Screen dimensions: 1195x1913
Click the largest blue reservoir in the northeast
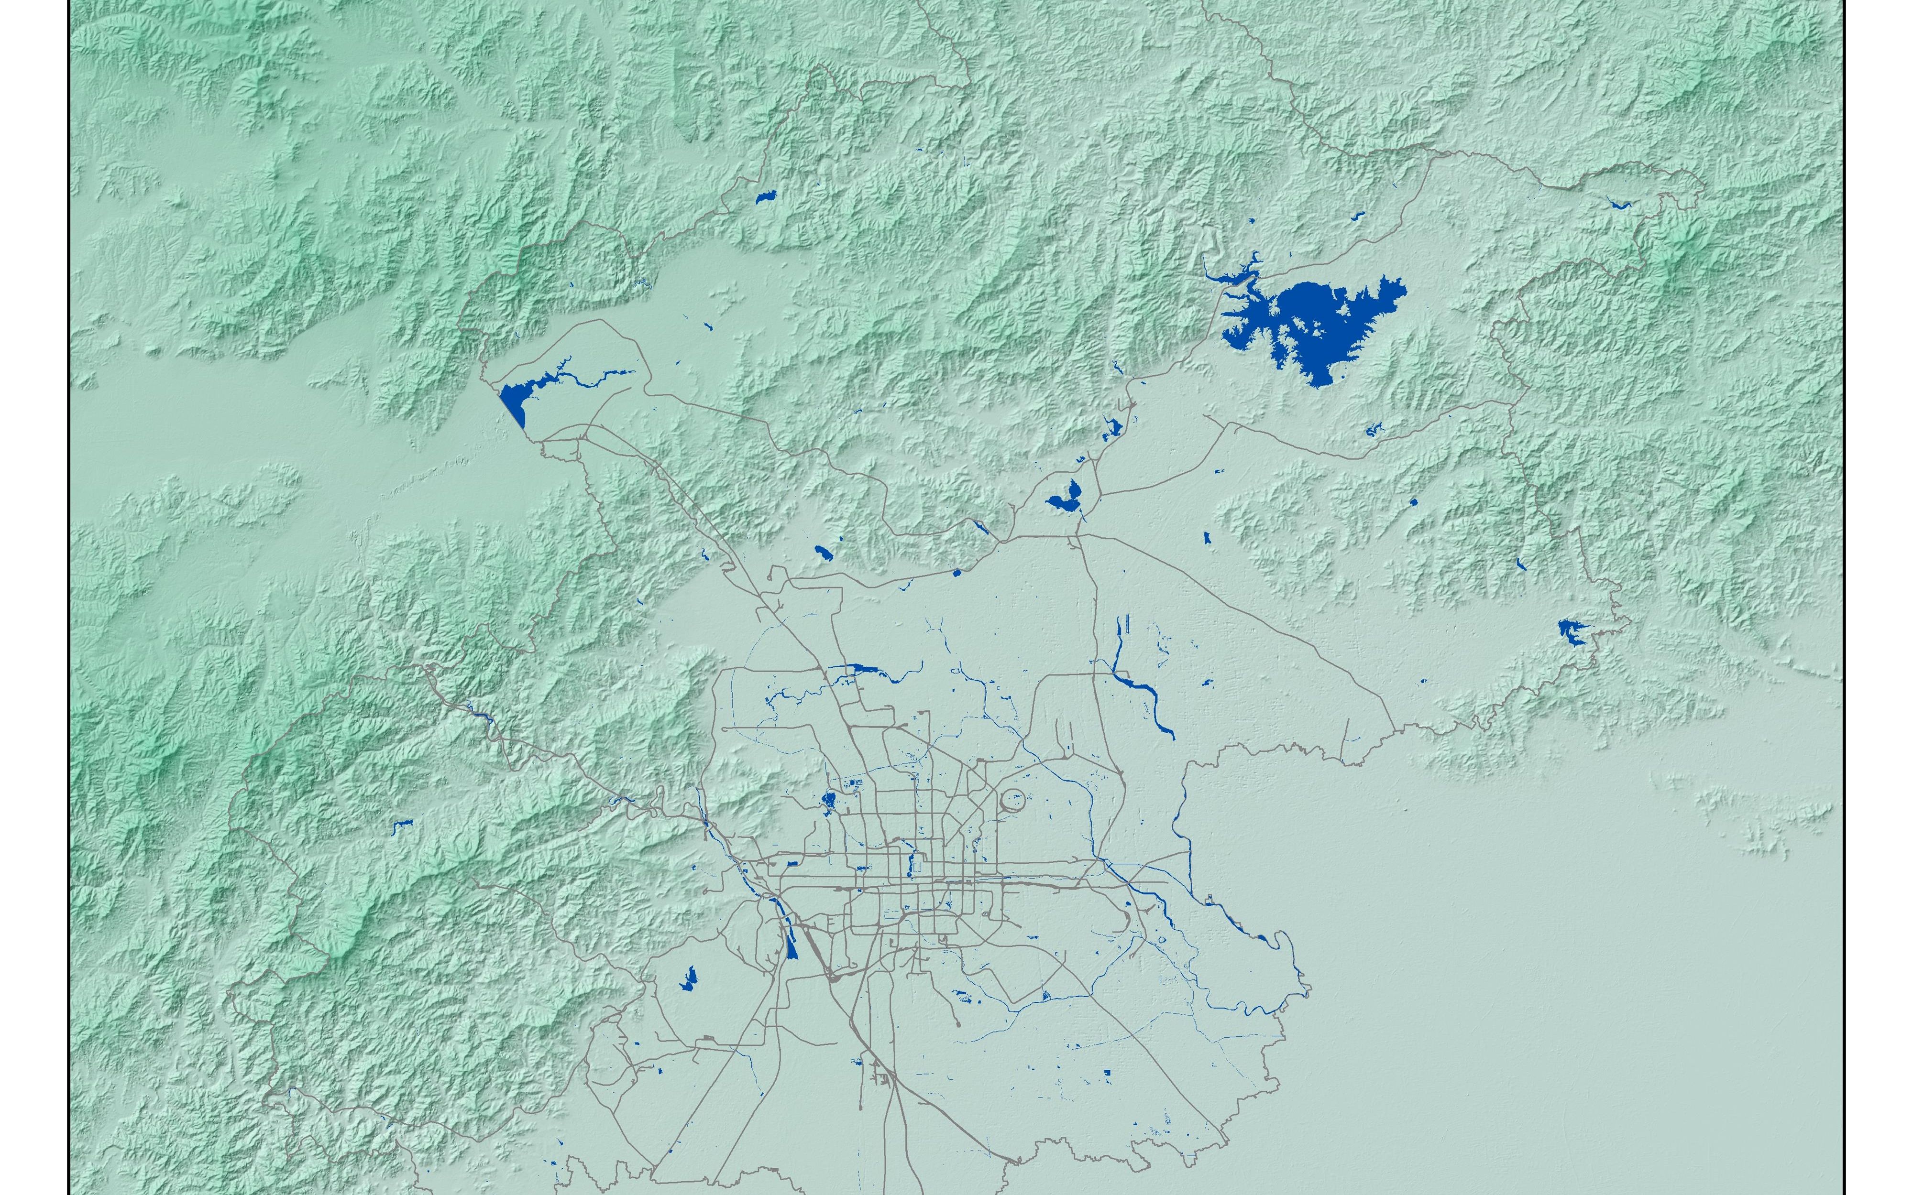(x=1312, y=324)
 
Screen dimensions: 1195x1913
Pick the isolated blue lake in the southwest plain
(x=688, y=980)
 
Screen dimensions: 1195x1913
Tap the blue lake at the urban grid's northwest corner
(x=828, y=802)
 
